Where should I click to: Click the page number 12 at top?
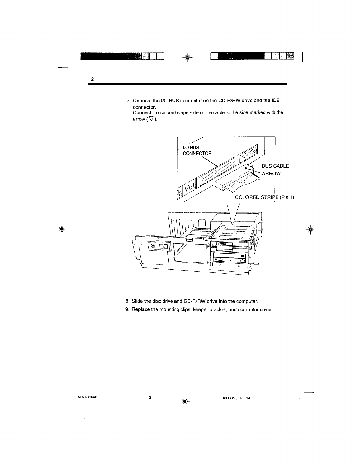tap(91, 79)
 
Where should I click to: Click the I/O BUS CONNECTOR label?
tap(196, 151)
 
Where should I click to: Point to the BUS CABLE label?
tap(275, 166)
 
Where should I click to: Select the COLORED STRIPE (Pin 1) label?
tap(264, 197)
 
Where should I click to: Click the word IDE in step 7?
tap(275, 101)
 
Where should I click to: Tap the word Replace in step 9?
tap(141, 310)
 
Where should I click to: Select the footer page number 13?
tap(149, 398)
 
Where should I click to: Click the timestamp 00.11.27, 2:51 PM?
tap(237, 398)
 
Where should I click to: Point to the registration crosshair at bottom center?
tap(185, 401)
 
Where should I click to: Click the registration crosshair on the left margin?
tap(62, 229)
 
